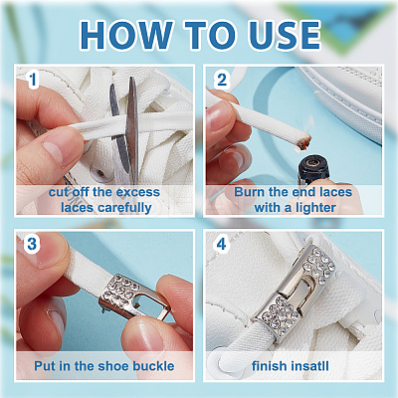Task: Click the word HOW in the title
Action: [x=126, y=35]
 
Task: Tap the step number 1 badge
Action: [x=33, y=80]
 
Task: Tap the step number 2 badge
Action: [x=222, y=80]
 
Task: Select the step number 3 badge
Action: [x=32, y=245]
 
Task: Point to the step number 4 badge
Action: [x=221, y=245]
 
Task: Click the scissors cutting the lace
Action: [x=126, y=129]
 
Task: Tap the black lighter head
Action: [x=313, y=168]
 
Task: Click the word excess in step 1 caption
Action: [x=138, y=192]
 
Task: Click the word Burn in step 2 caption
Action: [x=249, y=192]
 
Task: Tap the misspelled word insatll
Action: [x=309, y=366]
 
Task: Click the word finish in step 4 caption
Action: [x=269, y=366]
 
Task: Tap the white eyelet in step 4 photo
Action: [x=216, y=361]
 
